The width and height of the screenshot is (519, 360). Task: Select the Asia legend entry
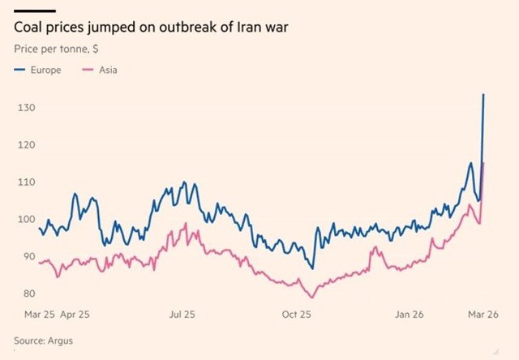click(108, 71)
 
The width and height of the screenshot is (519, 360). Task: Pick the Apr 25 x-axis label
click(75, 313)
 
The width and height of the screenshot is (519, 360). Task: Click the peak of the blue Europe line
click(484, 95)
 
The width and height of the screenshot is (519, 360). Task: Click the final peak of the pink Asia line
click(484, 164)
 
